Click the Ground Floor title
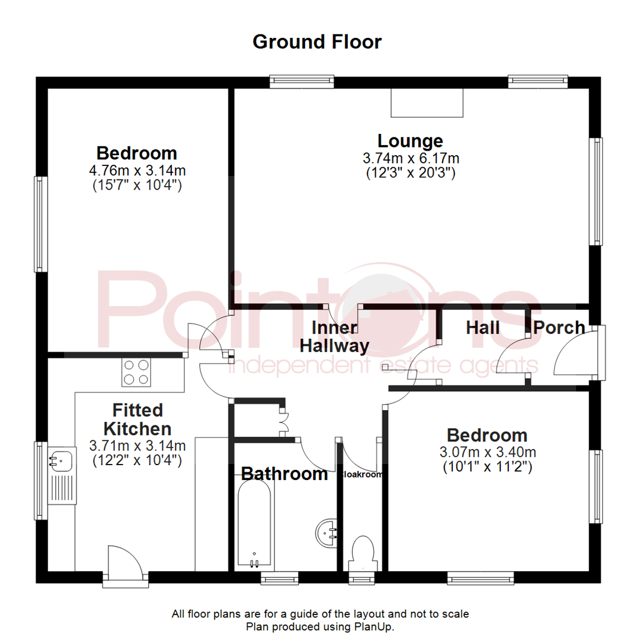317,42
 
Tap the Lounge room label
410,141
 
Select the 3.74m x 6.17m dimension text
411,158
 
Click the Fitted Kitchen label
137,419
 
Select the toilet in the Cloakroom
362,552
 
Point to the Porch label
558,327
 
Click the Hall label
482,327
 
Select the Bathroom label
284,473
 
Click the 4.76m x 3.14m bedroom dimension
137,171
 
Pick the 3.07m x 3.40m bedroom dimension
487,452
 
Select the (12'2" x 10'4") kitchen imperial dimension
137,459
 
